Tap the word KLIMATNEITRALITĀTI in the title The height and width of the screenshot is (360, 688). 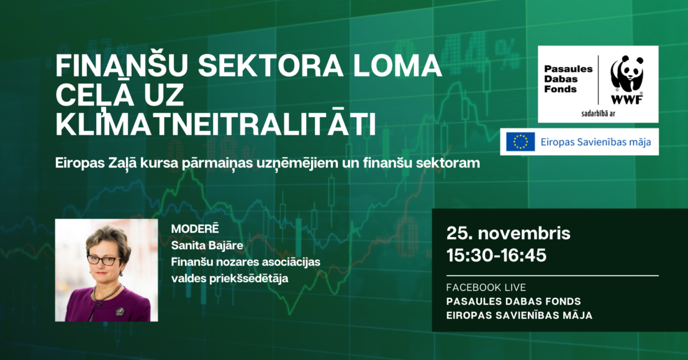[x=216, y=125]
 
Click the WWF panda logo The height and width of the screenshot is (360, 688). [x=627, y=80]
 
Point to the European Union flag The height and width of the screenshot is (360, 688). [x=520, y=142]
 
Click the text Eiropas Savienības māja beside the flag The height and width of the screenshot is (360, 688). [x=595, y=142]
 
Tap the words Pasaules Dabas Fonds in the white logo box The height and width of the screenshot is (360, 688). [x=568, y=79]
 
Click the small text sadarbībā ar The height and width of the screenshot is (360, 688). [x=598, y=114]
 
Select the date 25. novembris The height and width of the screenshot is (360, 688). [x=508, y=233]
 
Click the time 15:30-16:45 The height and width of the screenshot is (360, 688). [x=496, y=255]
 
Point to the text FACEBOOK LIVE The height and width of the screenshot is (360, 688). [x=486, y=287]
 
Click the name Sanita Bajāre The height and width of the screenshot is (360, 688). [x=207, y=246]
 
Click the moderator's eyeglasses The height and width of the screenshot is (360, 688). [x=104, y=259]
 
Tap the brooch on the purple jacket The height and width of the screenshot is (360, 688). [x=120, y=312]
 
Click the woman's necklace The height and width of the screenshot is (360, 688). [x=106, y=293]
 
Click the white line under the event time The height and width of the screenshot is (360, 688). [x=553, y=276]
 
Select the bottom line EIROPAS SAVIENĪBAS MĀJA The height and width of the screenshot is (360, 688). [x=519, y=315]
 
